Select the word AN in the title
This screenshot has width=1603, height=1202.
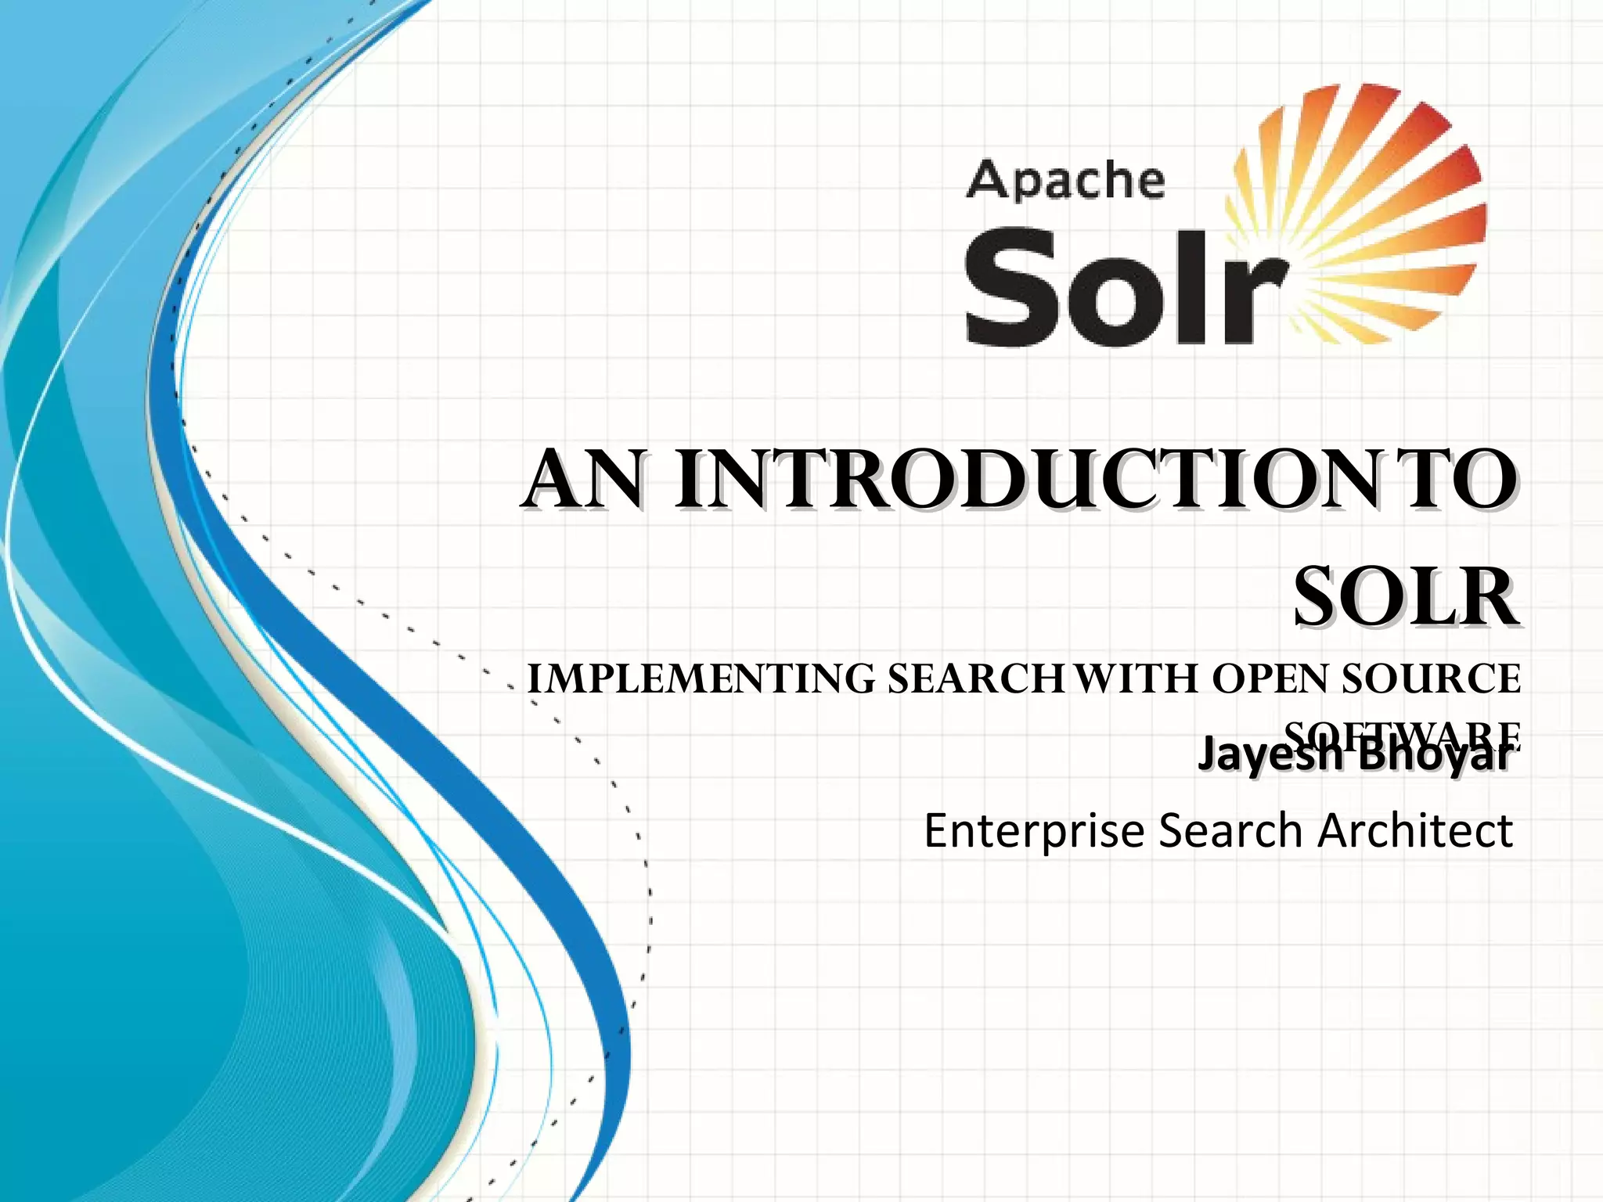pos(583,479)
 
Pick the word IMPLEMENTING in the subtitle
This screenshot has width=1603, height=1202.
pos(701,678)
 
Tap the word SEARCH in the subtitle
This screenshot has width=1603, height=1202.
pos(974,678)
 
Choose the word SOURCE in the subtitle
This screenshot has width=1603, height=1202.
pos(1432,678)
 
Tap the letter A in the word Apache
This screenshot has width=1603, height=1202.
pos(987,181)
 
